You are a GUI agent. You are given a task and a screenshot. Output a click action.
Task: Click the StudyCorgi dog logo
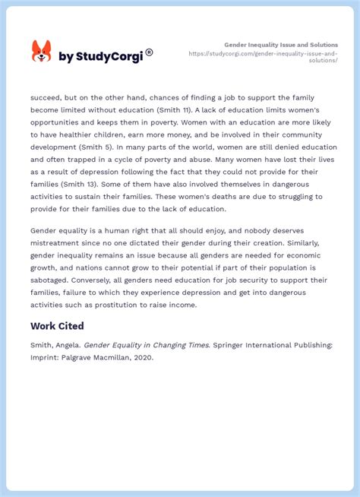click(41, 52)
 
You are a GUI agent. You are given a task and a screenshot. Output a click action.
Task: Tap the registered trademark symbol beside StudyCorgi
click(149, 52)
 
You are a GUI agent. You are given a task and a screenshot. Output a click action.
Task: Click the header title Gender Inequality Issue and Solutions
click(281, 45)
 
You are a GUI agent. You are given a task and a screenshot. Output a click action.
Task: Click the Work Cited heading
click(57, 325)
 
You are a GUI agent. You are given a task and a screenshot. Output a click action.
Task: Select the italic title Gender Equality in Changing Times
click(146, 344)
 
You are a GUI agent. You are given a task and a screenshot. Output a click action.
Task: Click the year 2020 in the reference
click(143, 358)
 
